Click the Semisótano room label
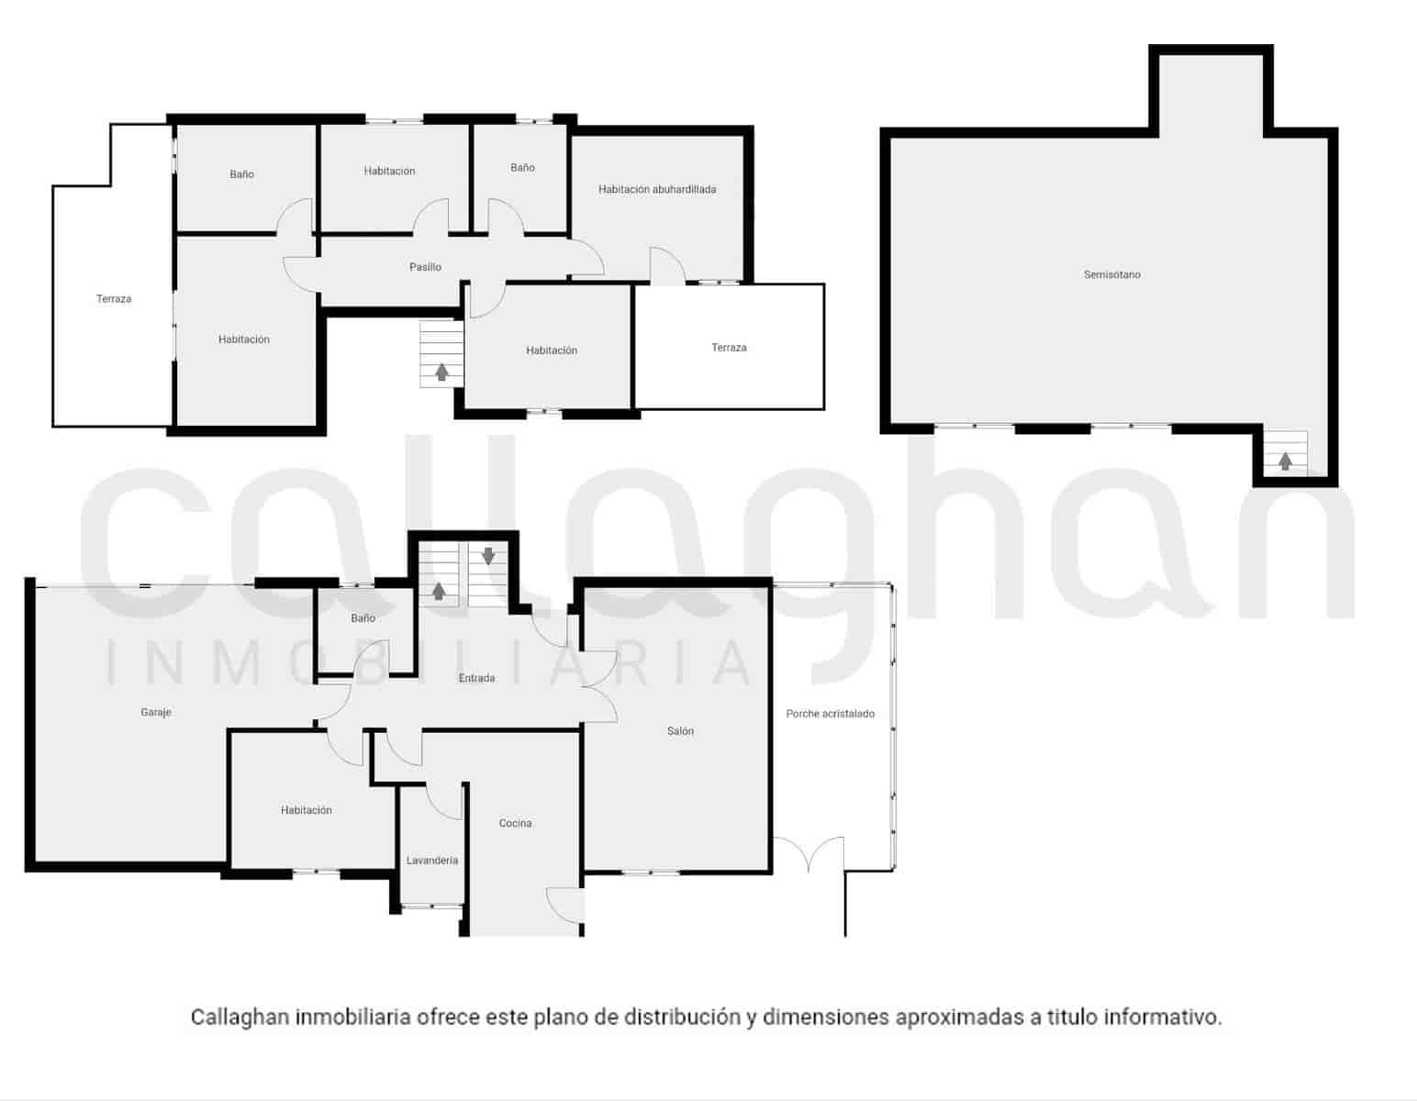point(1111,274)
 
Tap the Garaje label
point(156,712)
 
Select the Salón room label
point(680,731)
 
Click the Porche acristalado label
point(830,714)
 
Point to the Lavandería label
point(431,861)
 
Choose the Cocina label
point(515,823)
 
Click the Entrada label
point(476,678)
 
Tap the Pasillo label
point(425,267)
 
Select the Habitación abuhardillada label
point(657,189)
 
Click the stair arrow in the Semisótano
point(1285,461)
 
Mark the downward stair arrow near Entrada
point(488,556)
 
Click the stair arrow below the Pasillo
point(441,372)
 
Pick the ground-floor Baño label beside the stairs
point(363,618)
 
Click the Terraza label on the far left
point(114,299)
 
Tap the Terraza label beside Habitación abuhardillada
point(729,348)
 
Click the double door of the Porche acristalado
point(809,853)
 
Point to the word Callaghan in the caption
point(240,1018)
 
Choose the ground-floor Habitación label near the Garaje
point(307,810)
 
